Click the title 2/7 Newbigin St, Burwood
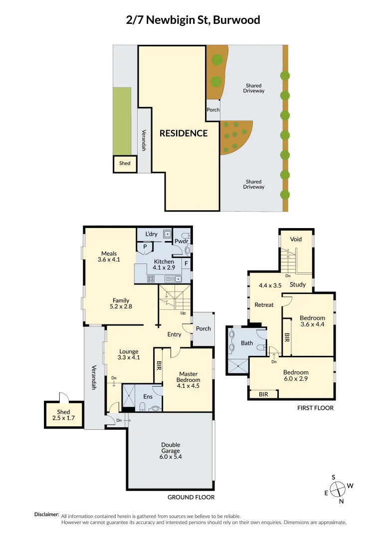click(193, 20)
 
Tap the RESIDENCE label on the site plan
click(184, 133)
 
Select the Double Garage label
click(171, 448)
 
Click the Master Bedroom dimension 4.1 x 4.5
click(188, 386)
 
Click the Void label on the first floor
click(296, 240)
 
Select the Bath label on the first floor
click(247, 343)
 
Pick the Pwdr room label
click(180, 242)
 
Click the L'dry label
click(152, 234)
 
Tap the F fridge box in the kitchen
click(186, 263)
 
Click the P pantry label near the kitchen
click(145, 247)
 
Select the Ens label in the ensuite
click(148, 397)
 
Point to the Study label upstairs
click(298, 285)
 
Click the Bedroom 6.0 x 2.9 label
click(296, 375)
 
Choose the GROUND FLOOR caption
click(190, 497)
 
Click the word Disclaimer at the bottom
click(46, 515)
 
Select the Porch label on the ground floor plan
click(203, 328)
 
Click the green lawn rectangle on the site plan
click(122, 121)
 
